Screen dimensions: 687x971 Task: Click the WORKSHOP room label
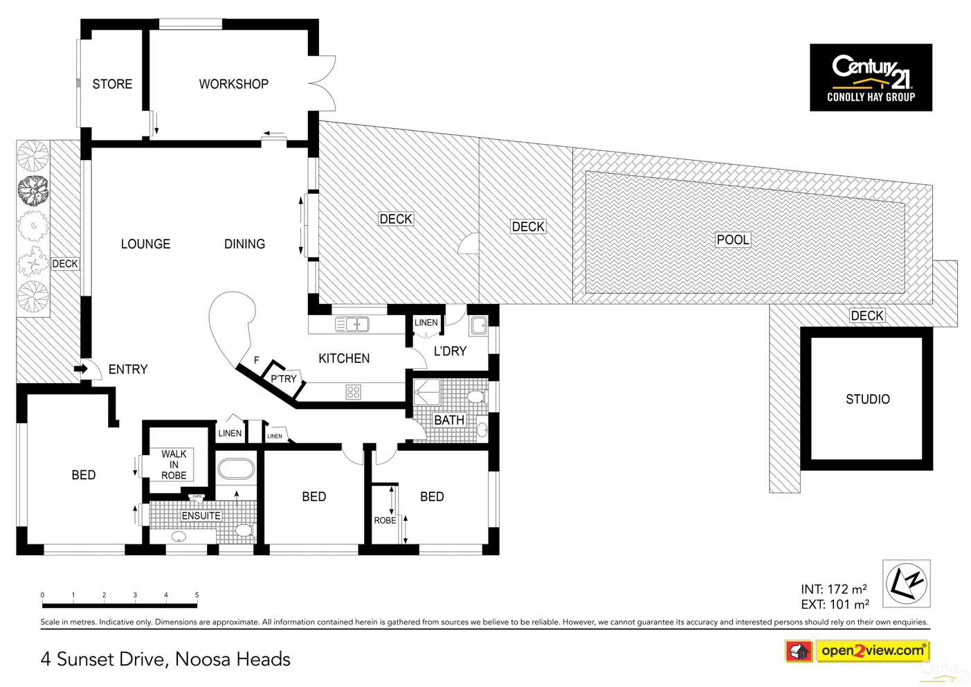coord(233,84)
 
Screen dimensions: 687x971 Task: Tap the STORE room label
coord(112,84)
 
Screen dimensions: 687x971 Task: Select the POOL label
coord(732,240)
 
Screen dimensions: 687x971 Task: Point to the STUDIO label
coord(867,399)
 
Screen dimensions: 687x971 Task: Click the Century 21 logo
coord(871,77)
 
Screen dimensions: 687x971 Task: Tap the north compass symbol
coord(907,583)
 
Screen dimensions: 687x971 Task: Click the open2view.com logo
coord(872,650)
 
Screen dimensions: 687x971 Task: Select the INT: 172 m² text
coord(833,589)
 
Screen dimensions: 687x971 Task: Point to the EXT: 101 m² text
coord(835,605)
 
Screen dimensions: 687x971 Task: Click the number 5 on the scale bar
coord(197,595)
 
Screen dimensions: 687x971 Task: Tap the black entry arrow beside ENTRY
coord(81,368)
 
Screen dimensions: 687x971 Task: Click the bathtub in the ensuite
coord(236,470)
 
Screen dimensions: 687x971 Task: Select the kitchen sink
coord(352,323)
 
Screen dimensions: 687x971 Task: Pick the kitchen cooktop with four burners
coord(353,393)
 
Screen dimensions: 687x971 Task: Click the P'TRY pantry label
coord(283,379)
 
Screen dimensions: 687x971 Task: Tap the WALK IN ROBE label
coord(174,465)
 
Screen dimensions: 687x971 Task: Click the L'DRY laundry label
coord(450,351)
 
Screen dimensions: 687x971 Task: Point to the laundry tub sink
coord(479,325)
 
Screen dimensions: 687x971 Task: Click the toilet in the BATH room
coord(475,397)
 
